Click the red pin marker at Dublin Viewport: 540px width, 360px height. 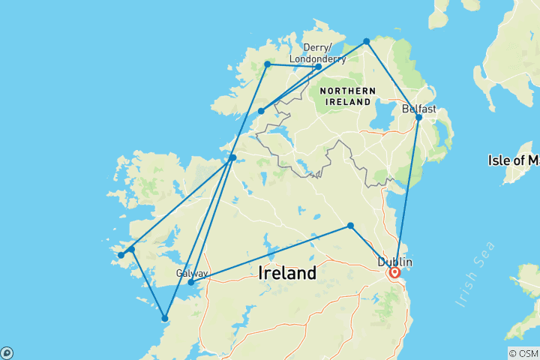tap(394, 273)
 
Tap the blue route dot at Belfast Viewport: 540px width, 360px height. tap(419, 117)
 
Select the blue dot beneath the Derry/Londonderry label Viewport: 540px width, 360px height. tap(318, 67)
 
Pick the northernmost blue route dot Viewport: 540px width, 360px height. tap(366, 41)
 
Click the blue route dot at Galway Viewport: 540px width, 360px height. tap(191, 283)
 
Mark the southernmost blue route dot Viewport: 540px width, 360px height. tap(165, 319)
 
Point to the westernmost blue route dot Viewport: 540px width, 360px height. tap(120, 256)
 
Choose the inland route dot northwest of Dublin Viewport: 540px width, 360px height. tap(350, 226)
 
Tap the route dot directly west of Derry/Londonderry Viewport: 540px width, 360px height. tap(267, 64)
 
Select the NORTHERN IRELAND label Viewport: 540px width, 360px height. tap(346, 95)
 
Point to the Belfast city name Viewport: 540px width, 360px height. tap(418, 109)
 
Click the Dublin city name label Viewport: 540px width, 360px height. tap(394, 262)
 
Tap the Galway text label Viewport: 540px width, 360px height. tap(192, 273)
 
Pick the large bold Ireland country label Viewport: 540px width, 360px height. tap(286, 274)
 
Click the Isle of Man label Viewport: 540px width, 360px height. tap(513, 160)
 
